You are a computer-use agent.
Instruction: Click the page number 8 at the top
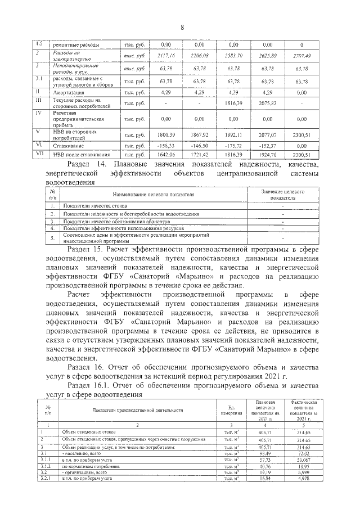(x=182, y=28)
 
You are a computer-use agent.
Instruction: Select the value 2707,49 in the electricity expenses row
(x=301, y=56)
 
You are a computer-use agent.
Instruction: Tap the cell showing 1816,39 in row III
(x=232, y=103)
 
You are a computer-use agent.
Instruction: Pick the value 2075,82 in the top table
(x=267, y=103)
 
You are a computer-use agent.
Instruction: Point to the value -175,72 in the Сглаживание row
(x=232, y=145)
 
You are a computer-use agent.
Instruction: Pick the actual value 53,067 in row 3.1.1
(x=303, y=459)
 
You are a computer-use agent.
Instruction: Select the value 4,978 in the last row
(x=303, y=479)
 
